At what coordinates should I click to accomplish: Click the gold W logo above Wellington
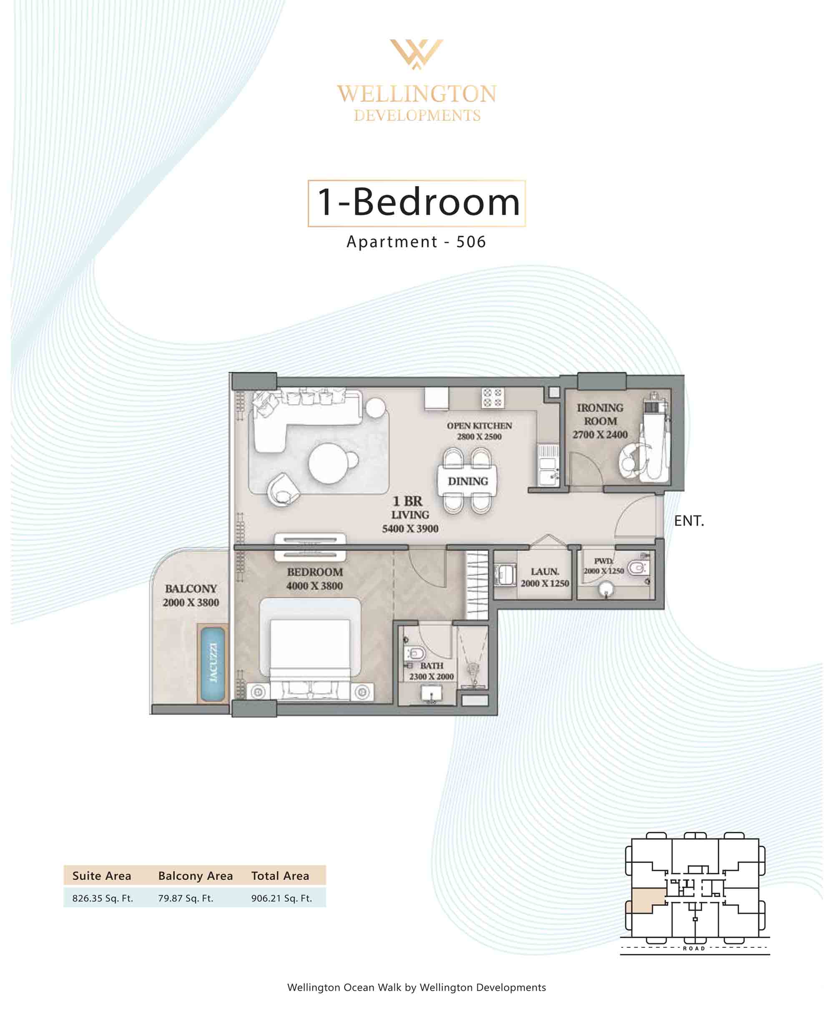pyautogui.click(x=417, y=54)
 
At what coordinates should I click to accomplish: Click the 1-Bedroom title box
pyautogui.click(x=417, y=203)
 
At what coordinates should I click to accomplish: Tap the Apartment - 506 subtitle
pyautogui.click(x=417, y=242)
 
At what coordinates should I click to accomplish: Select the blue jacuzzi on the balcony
pyautogui.click(x=212, y=663)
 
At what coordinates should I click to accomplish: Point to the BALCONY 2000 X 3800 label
pyautogui.click(x=191, y=596)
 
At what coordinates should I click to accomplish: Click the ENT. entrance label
pyautogui.click(x=689, y=521)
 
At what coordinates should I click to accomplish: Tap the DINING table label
pyautogui.click(x=468, y=481)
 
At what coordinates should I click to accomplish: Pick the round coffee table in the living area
pyautogui.click(x=329, y=463)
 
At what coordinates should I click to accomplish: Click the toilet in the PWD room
pyautogui.click(x=638, y=568)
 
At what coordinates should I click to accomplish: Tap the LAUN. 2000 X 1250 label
pyautogui.click(x=545, y=577)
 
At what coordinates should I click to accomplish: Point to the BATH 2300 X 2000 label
pyautogui.click(x=432, y=671)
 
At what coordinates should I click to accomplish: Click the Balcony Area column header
pyautogui.click(x=196, y=876)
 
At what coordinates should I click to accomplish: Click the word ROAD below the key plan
pyautogui.click(x=694, y=948)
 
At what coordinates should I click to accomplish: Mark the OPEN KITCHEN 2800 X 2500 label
pyautogui.click(x=480, y=431)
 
